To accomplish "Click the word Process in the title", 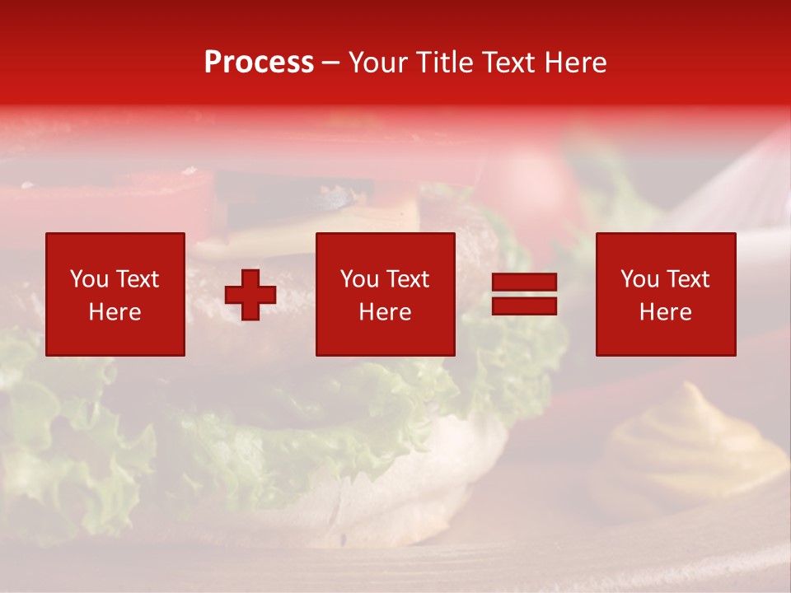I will tap(259, 63).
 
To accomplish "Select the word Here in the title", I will tap(576, 63).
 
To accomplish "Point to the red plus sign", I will tap(250, 295).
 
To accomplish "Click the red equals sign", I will tap(524, 294).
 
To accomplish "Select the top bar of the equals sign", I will tap(524, 282).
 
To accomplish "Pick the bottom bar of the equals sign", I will tap(524, 306).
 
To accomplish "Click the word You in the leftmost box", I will tap(89, 279).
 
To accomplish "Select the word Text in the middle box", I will tap(408, 279).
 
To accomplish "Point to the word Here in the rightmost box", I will tap(665, 312).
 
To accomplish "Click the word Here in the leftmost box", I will tap(115, 312).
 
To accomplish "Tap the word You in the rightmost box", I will tap(639, 279).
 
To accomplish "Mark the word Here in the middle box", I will tap(385, 312).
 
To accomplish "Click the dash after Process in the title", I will tap(331, 63).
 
